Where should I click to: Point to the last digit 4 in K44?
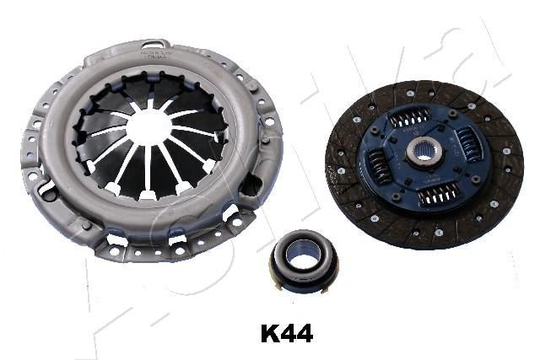pos(305,334)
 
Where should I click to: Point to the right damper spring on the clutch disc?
pos(471,144)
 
